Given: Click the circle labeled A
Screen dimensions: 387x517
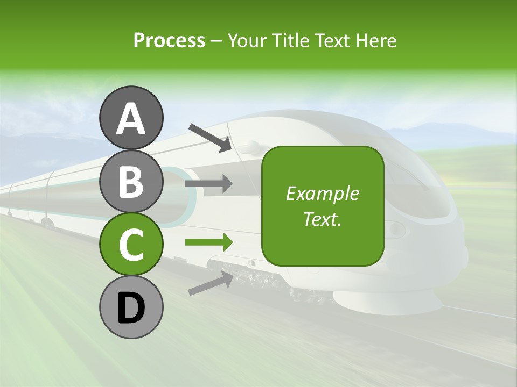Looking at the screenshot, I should click(131, 118).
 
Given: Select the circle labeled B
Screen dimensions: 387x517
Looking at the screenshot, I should click(131, 181).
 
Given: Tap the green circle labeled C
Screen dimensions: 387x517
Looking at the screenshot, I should click(131, 244).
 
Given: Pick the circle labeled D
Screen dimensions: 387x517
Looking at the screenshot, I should click(131, 307).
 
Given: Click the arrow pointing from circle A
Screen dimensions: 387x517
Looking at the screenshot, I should click(210, 138).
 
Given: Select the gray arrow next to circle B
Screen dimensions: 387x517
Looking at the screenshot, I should click(208, 184).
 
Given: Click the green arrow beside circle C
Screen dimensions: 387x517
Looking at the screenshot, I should click(208, 242).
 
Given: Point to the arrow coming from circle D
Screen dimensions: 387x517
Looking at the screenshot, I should click(211, 283).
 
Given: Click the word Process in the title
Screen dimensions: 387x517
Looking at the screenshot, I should click(169, 40).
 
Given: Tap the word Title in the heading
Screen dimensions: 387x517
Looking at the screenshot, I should click(287, 40).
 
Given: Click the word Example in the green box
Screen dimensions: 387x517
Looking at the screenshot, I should click(322, 193).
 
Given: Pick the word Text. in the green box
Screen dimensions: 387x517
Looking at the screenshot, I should click(322, 219).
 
